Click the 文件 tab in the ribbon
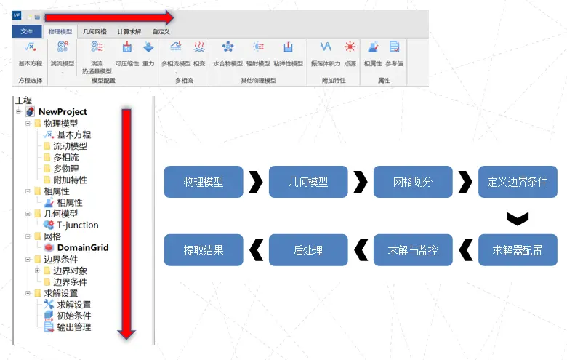(27, 31)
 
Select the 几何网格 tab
(94, 31)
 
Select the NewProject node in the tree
(62, 112)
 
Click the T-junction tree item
(78, 225)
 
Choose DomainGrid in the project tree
(82, 247)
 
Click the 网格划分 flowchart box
(413, 182)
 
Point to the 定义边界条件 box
(518, 182)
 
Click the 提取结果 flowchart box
(204, 250)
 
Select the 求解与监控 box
(413, 250)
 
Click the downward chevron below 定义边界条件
(518, 217)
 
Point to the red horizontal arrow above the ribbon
(109, 17)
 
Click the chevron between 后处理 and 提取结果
(256, 250)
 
